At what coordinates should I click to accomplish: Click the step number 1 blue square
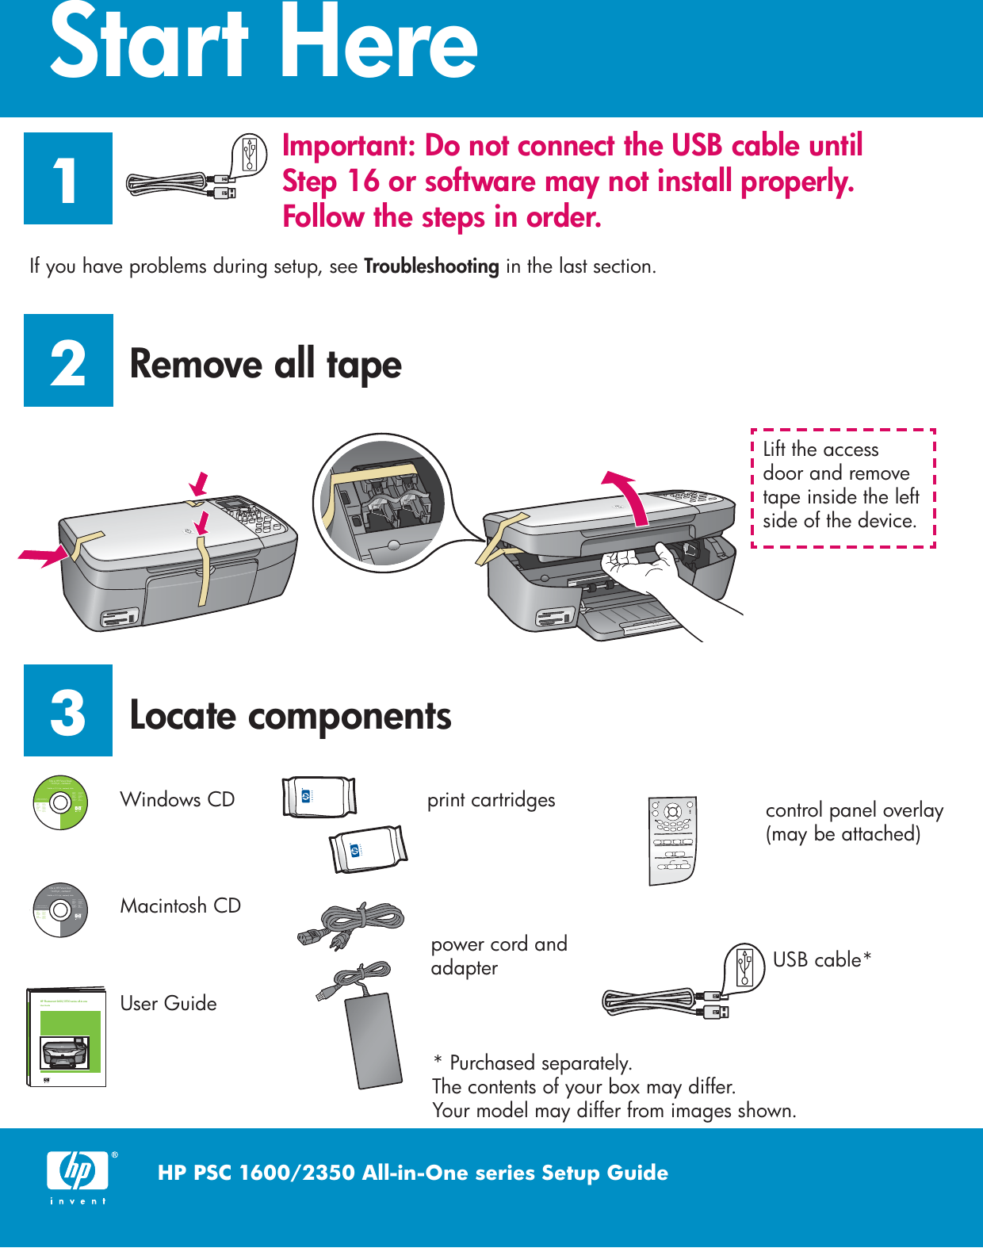pos(68,178)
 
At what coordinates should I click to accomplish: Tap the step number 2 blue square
pos(68,361)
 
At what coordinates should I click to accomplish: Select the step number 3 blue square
pos(68,710)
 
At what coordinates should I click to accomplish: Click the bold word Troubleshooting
pos(431,266)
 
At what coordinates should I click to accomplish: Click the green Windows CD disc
pos(59,802)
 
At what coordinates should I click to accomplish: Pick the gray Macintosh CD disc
pos(59,910)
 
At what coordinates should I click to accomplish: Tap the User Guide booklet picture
pos(67,1037)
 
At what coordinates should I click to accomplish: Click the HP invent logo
pos(78,1176)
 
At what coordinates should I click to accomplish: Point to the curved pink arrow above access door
pos(628,496)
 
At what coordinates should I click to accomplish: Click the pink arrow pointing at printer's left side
pos(44,556)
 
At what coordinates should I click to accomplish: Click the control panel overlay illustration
pos(672,840)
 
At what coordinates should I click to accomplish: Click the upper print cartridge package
pos(319,796)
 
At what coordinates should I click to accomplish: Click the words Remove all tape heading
pos(266,365)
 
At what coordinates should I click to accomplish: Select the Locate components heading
pos(290,716)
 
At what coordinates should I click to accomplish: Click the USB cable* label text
pos(822,960)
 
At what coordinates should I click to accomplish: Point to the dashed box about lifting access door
pos(843,488)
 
